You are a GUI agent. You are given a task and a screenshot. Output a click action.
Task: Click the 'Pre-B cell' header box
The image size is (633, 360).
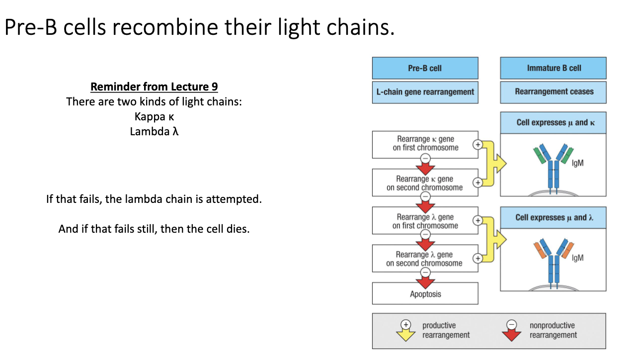point(425,68)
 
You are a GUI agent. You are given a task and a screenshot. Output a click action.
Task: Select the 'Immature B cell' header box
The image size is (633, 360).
point(553,68)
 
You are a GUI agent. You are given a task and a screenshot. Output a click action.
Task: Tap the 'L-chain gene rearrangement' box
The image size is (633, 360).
point(425,92)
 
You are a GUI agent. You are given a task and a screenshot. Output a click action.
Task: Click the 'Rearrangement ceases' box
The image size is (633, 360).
point(553,92)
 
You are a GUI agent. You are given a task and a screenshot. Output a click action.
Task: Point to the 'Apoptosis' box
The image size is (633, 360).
point(425,294)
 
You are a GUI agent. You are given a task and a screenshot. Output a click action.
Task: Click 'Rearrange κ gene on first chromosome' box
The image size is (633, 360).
point(425,144)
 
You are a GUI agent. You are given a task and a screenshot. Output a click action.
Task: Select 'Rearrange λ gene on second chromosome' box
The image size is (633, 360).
point(425,259)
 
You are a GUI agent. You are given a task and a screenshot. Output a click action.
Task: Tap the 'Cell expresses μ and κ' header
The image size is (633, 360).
point(553,122)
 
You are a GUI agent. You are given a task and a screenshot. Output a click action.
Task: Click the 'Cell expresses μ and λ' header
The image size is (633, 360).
point(553,218)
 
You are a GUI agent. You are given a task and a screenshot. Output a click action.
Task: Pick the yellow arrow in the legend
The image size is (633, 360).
point(406,332)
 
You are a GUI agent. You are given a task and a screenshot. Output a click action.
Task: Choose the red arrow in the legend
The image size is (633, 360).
point(511,332)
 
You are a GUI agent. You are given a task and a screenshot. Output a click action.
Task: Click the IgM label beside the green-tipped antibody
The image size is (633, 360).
point(578,163)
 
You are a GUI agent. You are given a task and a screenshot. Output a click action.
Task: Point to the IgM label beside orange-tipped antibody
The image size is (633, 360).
point(578,258)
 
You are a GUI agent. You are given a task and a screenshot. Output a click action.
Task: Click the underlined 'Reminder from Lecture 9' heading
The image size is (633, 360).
point(154,87)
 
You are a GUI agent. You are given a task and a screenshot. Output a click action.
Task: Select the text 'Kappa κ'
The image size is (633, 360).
point(154,117)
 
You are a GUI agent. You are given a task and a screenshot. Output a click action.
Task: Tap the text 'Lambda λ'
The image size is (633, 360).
point(154,132)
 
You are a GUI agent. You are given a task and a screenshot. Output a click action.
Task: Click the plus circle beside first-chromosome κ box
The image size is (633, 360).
point(478,145)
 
